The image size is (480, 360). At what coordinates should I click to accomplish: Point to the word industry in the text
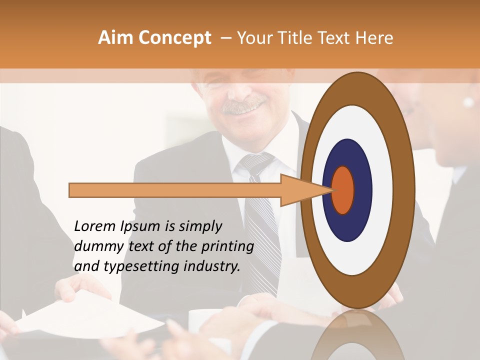(212, 267)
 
